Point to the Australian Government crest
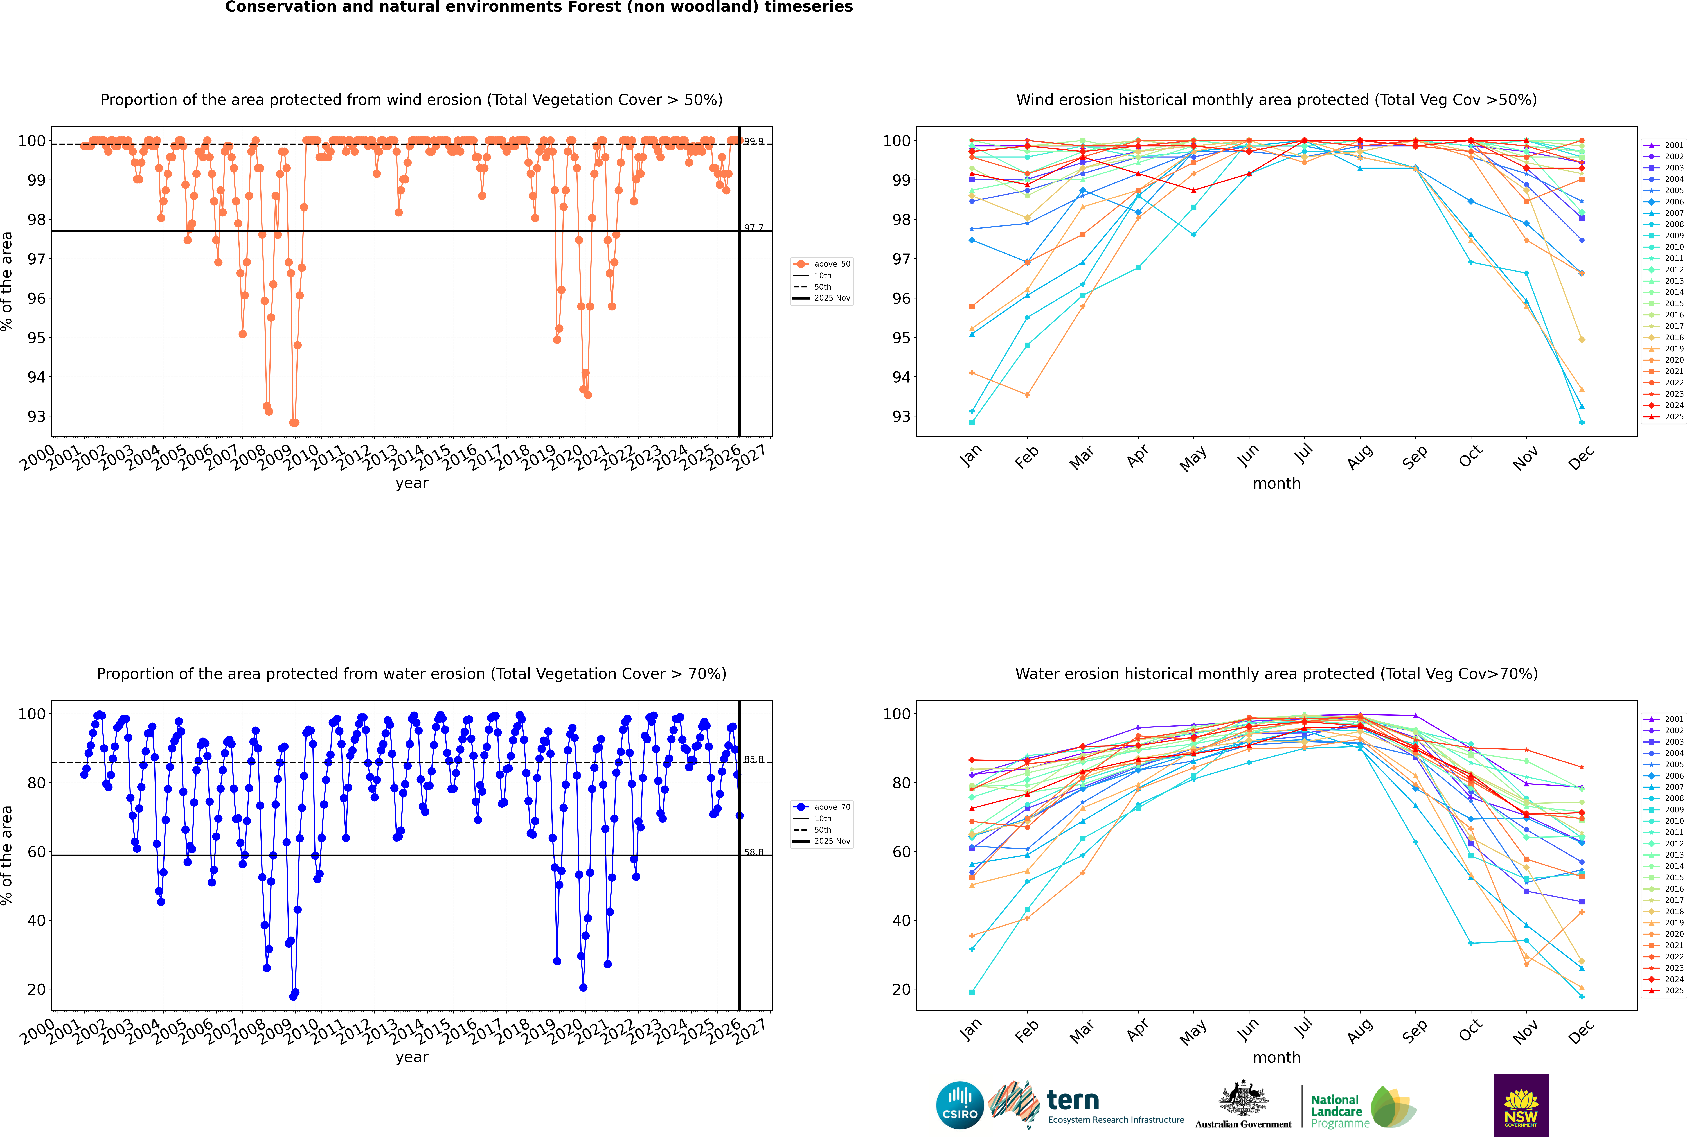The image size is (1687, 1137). tap(1243, 1098)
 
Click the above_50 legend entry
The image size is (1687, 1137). tap(831, 264)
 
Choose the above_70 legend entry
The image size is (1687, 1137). tap(831, 807)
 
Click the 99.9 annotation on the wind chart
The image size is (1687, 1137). tap(754, 141)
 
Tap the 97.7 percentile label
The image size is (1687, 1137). tap(754, 228)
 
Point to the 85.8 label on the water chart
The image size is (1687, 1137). tap(754, 759)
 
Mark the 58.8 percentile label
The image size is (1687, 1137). tap(754, 852)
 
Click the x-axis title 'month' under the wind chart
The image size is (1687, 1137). tap(1276, 484)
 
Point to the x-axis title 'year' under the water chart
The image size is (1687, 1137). tap(411, 1057)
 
